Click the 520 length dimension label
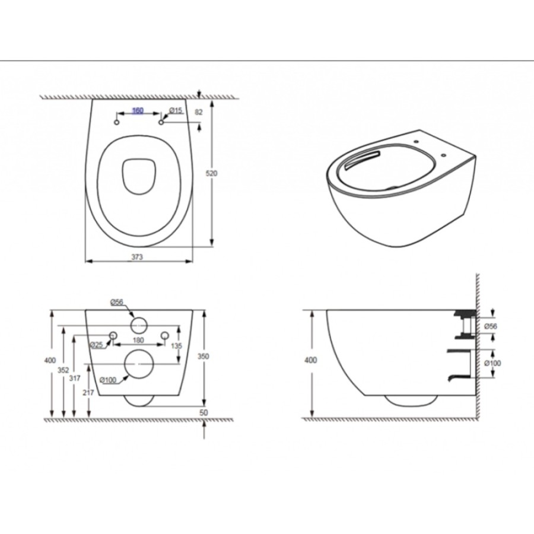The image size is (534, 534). [211, 173]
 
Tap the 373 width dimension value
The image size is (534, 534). [137, 257]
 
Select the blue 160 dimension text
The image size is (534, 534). [138, 110]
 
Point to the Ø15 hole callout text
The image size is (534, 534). [176, 110]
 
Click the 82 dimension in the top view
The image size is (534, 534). [199, 112]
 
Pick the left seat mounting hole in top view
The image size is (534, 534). [116, 122]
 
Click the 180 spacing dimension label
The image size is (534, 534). [138, 340]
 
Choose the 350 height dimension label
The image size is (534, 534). [204, 356]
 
